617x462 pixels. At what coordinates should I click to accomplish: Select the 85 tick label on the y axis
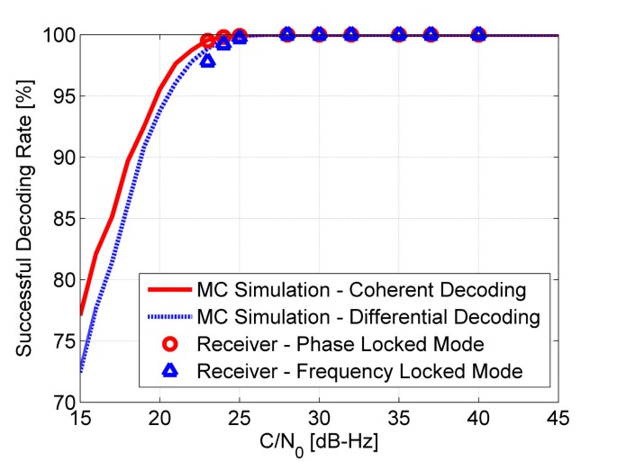62,218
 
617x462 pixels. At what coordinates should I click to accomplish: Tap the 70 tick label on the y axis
62,402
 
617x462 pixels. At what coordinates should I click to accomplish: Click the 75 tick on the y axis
62,340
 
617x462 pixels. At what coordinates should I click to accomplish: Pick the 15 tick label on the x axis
80,418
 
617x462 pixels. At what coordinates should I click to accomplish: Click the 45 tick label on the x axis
558,418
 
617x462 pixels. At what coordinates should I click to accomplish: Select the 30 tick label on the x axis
319,418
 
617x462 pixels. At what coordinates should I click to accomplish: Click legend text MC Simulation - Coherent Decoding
363,291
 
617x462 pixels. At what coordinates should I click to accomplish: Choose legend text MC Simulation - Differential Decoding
368,317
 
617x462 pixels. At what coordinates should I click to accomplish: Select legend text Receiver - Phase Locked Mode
341,343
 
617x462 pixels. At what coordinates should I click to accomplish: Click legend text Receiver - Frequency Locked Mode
359,369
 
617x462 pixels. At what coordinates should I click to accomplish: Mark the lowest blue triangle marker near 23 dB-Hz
208,60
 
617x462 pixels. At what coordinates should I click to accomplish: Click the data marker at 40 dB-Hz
478,34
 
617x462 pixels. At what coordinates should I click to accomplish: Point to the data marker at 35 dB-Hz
399,34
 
